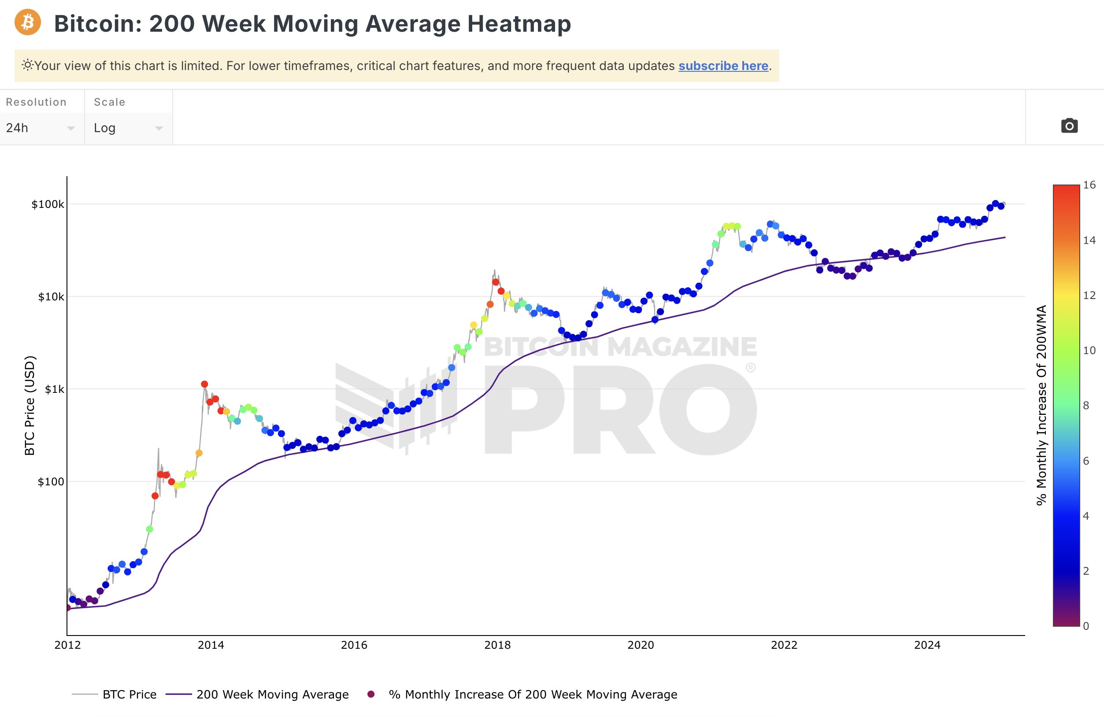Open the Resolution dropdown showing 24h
pos(41,128)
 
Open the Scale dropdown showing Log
pos(128,128)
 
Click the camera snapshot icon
pos(1069,126)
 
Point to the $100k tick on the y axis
pos(48,204)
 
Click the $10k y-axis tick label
pos(51,297)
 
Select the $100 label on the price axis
pos(51,482)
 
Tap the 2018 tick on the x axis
pos(497,645)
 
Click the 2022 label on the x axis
pos(783,645)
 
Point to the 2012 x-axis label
pos(68,645)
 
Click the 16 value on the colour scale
pos(1089,185)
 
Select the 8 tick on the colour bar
pos(1086,406)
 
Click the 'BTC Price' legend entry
pos(130,694)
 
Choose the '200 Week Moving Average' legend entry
pos(272,694)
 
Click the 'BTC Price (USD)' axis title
pos(30,405)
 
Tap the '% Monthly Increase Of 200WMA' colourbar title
pos(1042,405)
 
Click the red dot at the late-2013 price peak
pos(204,384)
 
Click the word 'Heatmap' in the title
pos(519,24)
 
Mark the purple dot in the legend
pos(370,694)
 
